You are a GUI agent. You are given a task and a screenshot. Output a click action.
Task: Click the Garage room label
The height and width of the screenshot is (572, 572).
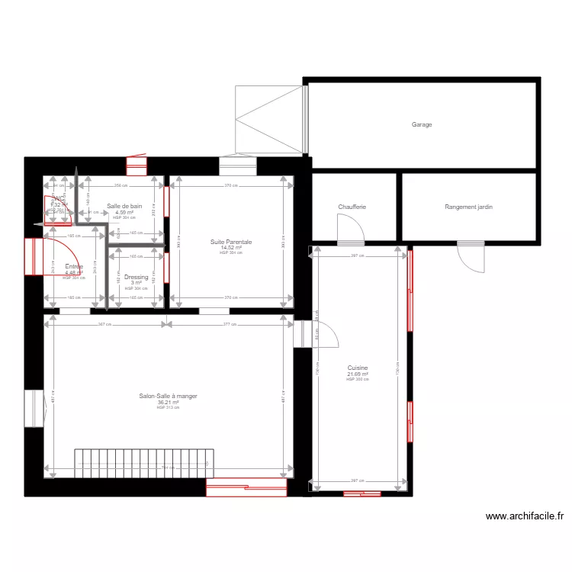coord(422,124)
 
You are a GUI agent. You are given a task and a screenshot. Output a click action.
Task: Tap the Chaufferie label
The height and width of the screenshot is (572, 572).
coord(352,207)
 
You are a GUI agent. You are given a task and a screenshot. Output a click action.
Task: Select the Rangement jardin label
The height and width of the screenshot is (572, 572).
coord(469,207)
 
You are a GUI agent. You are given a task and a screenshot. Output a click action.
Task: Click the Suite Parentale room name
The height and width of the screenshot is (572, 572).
coord(231,242)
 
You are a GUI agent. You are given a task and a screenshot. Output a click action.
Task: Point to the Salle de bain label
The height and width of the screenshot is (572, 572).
coord(124,206)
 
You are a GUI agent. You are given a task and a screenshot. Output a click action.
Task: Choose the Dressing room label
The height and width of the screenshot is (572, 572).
coord(136,278)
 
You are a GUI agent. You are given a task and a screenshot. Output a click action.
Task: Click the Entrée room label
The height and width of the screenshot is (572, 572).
coord(74,267)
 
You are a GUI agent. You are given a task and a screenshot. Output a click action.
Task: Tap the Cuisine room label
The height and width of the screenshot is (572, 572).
coord(358,368)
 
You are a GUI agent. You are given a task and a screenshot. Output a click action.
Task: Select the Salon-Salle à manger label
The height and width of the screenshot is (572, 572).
coord(168,396)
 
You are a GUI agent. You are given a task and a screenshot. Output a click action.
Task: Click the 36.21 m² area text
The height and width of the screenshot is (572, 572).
coord(168,402)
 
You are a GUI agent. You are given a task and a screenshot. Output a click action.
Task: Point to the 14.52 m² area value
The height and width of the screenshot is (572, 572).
coord(231,247)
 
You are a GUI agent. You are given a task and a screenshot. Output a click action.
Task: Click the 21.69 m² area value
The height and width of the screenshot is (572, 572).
coord(358,374)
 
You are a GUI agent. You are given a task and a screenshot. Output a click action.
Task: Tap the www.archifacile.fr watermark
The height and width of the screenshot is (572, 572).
coord(525,516)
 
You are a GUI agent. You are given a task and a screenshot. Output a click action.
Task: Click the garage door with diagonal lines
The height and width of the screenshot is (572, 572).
coord(270,119)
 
